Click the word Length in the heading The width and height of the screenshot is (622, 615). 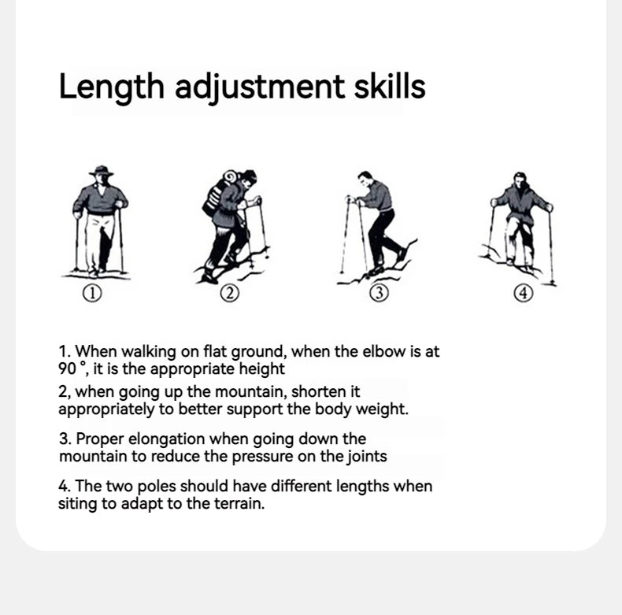[x=111, y=87]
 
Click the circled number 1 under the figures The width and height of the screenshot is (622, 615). [x=93, y=294]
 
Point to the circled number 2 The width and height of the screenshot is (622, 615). [x=228, y=294]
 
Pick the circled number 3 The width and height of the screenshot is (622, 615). [x=379, y=294]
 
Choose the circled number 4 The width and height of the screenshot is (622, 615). [x=524, y=294]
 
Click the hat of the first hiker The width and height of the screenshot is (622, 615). [x=101, y=171]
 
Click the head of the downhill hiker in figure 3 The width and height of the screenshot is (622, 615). [x=364, y=178]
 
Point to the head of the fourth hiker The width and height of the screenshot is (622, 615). [x=519, y=179]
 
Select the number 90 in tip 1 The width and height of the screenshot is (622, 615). [x=67, y=369]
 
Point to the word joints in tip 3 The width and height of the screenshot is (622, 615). [x=365, y=456]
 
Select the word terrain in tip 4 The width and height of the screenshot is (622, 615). [x=236, y=503]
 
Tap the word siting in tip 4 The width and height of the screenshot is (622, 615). [x=76, y=503]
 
